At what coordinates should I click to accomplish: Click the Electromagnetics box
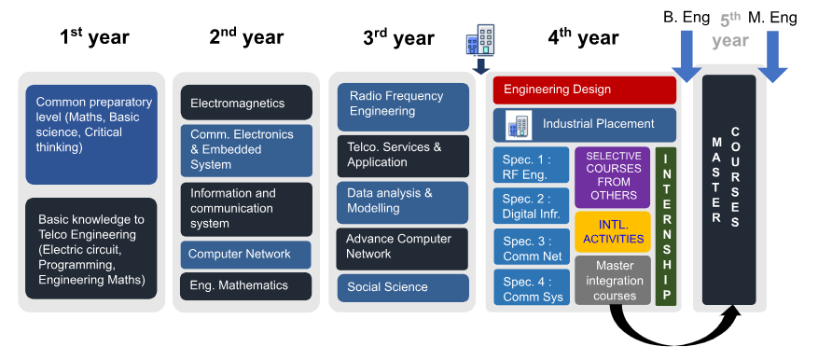(x=246, y=103)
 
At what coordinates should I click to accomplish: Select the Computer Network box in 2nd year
(x=245, y=255)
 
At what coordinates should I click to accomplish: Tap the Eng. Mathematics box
(x=245, y=286)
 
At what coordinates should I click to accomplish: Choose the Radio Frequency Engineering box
(x=403, y=107)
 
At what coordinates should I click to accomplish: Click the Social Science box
(x=403, y=288)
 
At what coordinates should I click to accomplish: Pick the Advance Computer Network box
(x=402, y=249)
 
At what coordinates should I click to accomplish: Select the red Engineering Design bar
(x=584, y=90)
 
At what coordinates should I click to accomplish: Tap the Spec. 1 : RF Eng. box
(x=531, y=165)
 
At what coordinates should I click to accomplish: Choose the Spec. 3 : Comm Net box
(x=532, y=247)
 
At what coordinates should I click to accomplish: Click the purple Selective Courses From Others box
(x=613, y=177)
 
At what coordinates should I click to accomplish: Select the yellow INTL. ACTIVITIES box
(x=613, y=231)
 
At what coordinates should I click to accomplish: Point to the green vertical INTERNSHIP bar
(x=666, y=227)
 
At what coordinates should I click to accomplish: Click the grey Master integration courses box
(x=613, y=280)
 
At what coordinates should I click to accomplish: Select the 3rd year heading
(x=398, y=37)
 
